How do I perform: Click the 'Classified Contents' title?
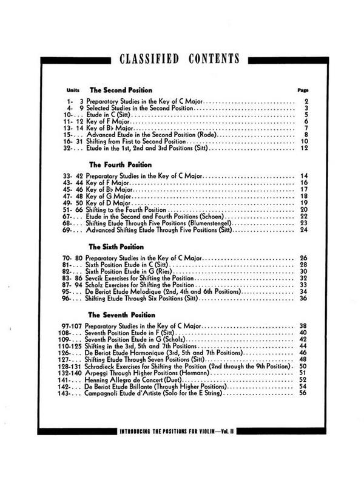(x=179, y=58)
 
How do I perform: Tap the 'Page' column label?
(x=304, y=89)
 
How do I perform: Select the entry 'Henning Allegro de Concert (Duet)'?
(x=136, y=379)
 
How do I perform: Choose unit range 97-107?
(x=72, y=325)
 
